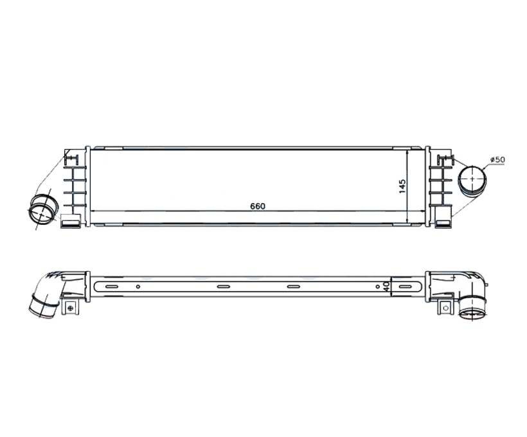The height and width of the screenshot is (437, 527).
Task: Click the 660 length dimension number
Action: (258, 206)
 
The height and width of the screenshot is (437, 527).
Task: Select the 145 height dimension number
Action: (402, 186)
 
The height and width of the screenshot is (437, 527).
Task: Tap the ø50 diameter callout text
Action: (497, 159)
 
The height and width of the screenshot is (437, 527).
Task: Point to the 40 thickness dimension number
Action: (386, 287)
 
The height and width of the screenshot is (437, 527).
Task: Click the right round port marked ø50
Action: (473, 179)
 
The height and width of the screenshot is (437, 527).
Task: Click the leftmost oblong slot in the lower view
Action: (112, 287)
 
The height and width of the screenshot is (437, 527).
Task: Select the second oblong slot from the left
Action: (223, 287)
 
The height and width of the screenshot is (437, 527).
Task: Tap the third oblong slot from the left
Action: (294, 287)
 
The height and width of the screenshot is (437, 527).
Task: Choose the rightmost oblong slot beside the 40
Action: (405, 287)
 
